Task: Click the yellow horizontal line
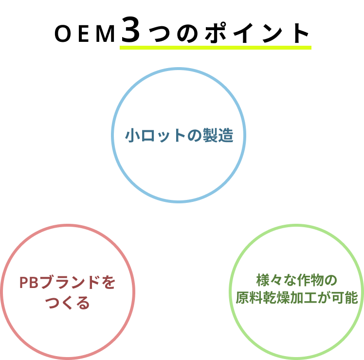215,48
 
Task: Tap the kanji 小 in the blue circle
133,135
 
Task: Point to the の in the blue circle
195,135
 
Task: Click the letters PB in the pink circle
29,283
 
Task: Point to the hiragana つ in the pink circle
53,303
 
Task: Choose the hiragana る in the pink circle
83,303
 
